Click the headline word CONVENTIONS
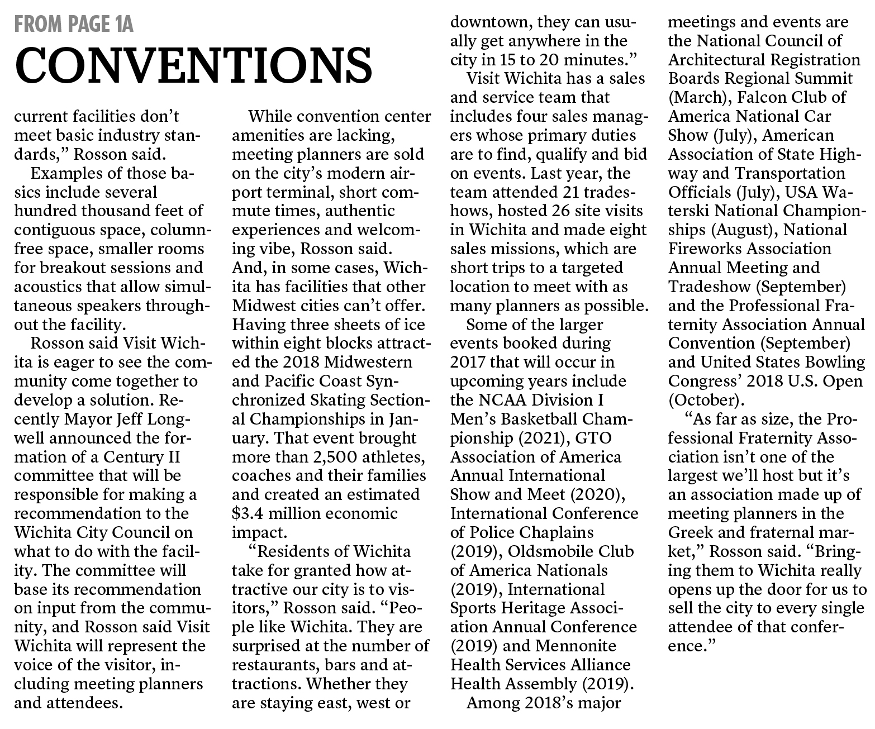tap(193, 64)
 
